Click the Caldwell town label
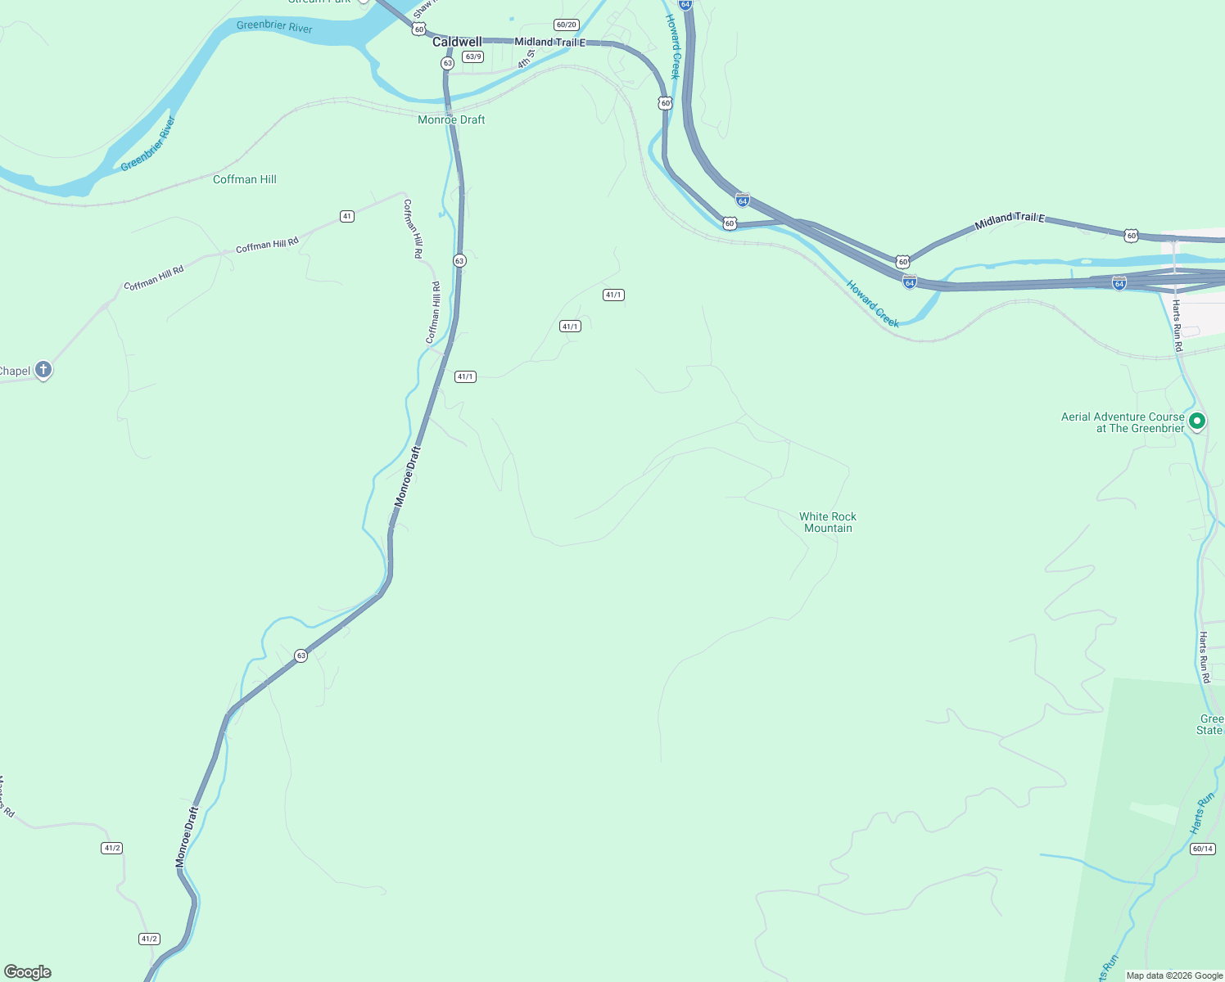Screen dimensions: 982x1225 pos(457,42)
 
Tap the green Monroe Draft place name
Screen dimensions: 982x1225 pos(451,119)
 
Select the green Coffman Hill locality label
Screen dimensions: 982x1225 pos(245,179)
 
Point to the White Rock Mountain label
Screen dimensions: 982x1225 pos(828,522)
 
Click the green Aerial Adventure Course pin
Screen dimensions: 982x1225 pos(1197,421)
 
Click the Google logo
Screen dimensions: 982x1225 pos(27,972)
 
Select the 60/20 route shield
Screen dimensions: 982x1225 pos(566,25)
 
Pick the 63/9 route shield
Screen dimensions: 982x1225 pos(472,56)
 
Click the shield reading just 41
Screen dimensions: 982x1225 pos(347,216)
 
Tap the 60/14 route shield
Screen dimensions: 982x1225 pos(1202,849)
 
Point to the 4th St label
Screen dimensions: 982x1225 pos(525,59)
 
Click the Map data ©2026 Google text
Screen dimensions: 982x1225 pos(1174,975)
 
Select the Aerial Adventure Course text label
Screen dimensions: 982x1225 pos(1123,422)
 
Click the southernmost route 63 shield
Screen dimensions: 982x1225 pos(301,655)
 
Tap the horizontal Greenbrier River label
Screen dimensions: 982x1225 pos(274,26)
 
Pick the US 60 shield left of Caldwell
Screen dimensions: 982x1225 pos(419,29)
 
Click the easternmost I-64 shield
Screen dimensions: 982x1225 pos(1119,283)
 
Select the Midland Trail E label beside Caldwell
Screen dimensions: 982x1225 pos(549,42)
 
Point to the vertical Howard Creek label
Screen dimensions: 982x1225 pos(672,47)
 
